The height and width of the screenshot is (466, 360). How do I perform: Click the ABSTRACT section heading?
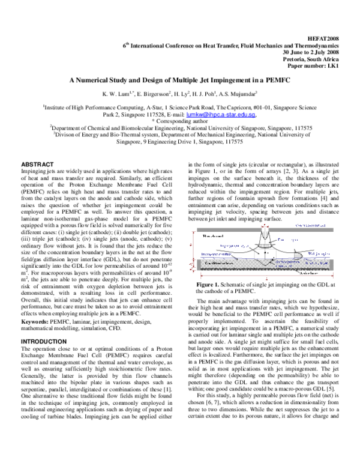pos(38,164)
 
